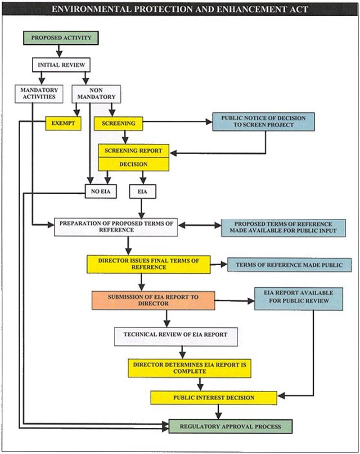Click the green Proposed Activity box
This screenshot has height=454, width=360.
coord(61,38)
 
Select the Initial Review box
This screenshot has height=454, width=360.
coord(61,65)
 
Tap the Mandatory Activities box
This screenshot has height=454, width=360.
coord(39,94)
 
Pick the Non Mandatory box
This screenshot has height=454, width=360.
coord(96,94)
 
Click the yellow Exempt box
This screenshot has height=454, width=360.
coord(63,123)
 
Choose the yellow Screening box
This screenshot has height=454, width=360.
coord(118,123)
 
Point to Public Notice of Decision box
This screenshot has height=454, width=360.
coord(263,122)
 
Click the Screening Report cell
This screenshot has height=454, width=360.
coord(133,151)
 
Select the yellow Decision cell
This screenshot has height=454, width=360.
coord(133,164)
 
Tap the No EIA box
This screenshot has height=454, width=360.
coord(101,191)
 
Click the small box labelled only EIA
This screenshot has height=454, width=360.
coord(142,191)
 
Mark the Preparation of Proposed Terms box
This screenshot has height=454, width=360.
coord(116,227)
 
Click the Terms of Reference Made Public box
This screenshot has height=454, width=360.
coord(289,265)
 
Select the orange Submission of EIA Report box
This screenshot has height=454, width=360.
coord(153,300)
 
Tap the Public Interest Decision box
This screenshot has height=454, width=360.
coord(214,398)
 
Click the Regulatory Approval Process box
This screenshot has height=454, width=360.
coord(230,427)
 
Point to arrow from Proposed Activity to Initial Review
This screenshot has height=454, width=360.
coord(59,51)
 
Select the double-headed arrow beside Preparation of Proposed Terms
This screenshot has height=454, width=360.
coord(200,225)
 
